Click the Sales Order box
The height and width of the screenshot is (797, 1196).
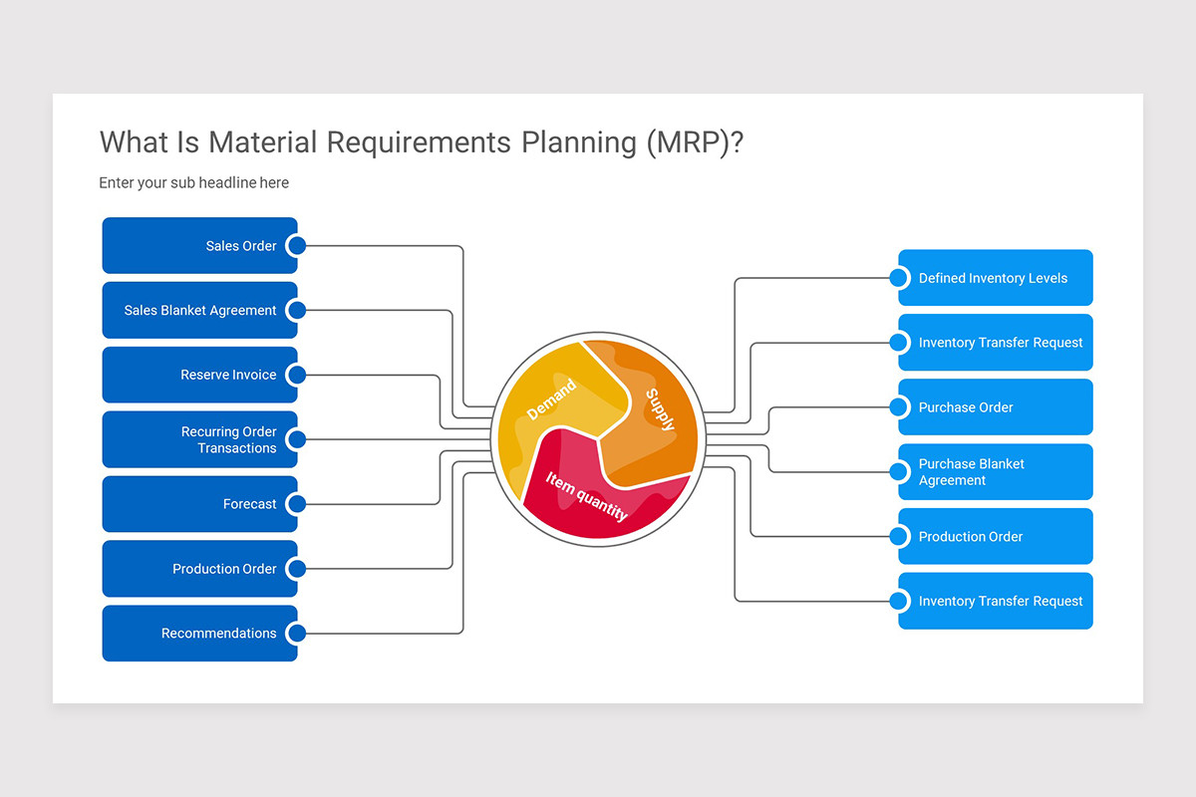pos(199,246)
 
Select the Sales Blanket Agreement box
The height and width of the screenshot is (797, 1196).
pos(199,311)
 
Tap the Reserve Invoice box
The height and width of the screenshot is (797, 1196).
pos(199,376)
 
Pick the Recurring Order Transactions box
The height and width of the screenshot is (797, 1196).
pos(199,439)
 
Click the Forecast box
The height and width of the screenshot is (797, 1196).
pos(199,504)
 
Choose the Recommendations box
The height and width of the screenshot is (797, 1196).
pos(199,634)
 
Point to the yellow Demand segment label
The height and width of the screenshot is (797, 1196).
pos(551,399)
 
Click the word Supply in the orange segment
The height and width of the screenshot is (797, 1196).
pos(660,408)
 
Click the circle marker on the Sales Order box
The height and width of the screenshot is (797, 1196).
pos(296,246)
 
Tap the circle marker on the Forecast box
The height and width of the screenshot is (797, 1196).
pos(296,504)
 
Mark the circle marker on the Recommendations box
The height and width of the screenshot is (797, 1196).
pos(296,634)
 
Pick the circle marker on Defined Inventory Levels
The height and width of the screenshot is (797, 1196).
pos(899,278)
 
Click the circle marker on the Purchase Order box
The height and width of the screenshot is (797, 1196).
pos(899,407)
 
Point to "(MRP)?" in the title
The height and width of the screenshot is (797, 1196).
pos(694,142)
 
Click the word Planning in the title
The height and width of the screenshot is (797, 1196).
pos(579,142)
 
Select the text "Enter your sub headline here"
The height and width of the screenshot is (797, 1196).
pos(193,183)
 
